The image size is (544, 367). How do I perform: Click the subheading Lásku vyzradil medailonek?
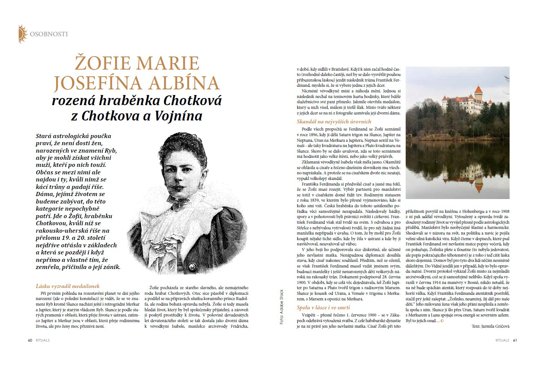[x=68, y=286]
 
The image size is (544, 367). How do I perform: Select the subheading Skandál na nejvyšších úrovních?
[x=334, y=122]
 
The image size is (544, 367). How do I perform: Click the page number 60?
[x=30, y=340]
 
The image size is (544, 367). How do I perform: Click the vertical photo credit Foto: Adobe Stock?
[x=282, y=307]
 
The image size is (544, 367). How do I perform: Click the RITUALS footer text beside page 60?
[x=43, y=340]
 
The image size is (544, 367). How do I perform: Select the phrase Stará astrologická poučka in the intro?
[x=73, y=136]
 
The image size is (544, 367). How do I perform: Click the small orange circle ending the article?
[x=442, y=321]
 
